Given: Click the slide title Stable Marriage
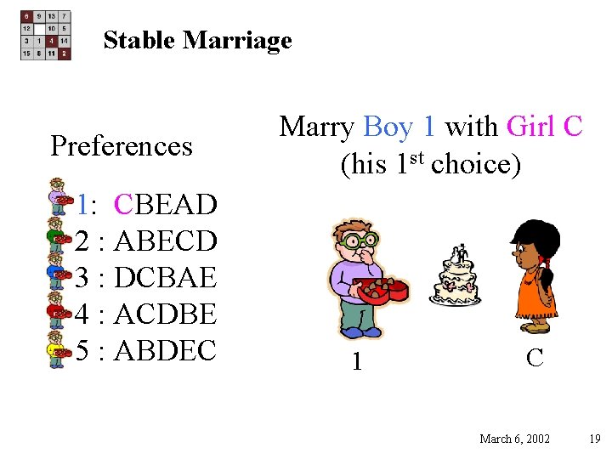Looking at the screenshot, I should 197,40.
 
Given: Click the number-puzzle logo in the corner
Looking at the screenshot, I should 46,35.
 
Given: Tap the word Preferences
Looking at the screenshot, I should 122,146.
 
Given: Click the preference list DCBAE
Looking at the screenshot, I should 165,277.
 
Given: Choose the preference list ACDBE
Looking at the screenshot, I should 165,314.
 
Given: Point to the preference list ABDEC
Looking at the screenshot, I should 165,350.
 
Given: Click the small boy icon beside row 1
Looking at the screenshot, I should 58,195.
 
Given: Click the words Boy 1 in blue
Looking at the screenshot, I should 399,127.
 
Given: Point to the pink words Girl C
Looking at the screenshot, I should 544,127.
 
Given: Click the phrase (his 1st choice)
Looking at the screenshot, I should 430,163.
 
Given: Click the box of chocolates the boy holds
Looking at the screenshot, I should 383,289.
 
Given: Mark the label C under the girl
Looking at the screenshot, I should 535,358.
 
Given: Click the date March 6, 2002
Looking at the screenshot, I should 514,439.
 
